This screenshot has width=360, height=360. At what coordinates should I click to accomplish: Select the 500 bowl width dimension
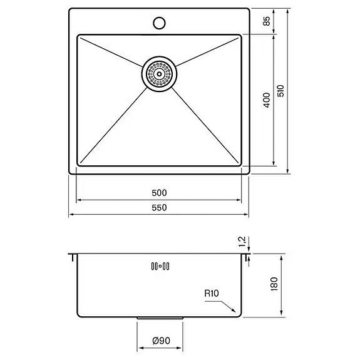click(x=158, y=193)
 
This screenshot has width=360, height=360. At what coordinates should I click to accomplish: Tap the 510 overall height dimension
click(x=281, y=91)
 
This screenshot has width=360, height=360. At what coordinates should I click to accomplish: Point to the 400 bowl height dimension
click(x=267, y=100)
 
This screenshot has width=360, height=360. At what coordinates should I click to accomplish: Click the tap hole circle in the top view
click(x=159, y=24)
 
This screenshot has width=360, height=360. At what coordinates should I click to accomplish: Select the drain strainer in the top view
click(x=159, y=73)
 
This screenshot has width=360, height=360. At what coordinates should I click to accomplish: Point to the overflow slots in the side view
click(x=159, y=266)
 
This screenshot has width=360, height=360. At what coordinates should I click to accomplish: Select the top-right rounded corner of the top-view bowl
click(x=239, y=37)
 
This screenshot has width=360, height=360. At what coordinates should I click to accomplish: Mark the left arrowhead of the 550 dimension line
click(x=70, y=215)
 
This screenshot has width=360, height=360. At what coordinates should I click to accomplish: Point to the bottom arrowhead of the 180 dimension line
click(x=280, y=316)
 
